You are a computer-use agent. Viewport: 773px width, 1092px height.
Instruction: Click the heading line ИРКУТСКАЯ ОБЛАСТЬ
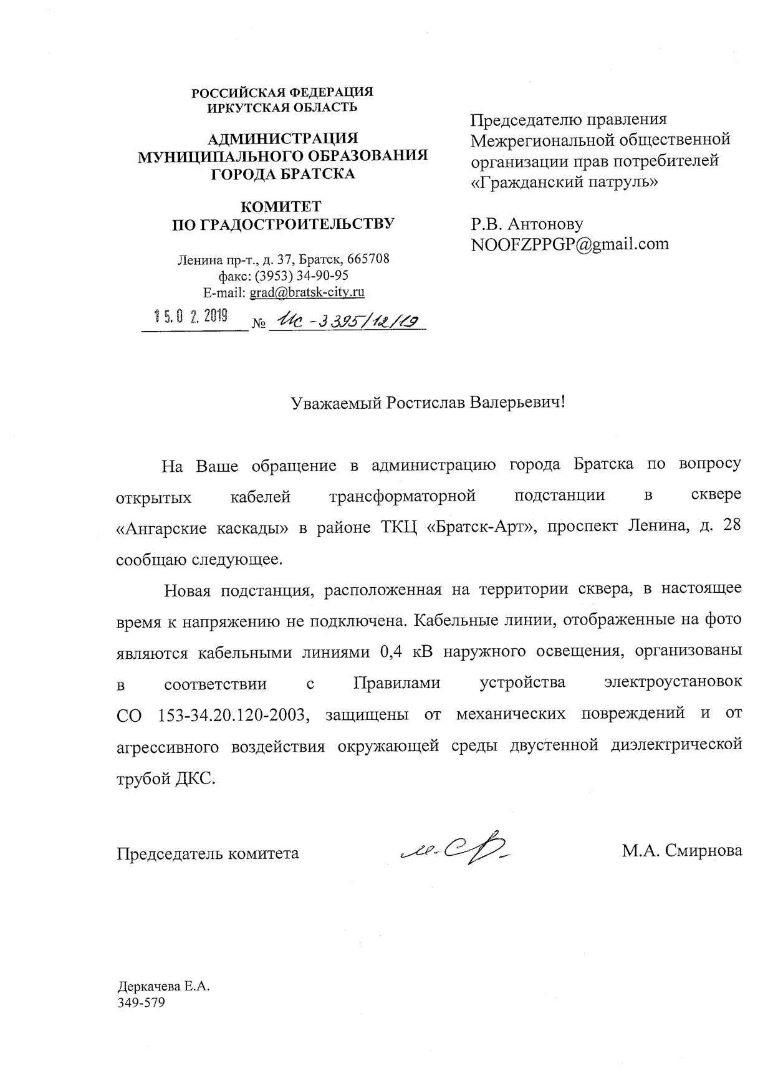click(x=282, y=107)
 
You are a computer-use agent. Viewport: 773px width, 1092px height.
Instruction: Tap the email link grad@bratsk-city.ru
click(x=307, y=292)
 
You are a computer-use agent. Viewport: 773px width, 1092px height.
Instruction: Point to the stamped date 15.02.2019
click(x=191, y=317)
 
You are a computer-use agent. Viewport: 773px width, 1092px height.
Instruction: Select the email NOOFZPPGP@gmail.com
click(x=570, y=244)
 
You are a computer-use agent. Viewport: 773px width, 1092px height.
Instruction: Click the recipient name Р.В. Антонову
click(x=527, y=224)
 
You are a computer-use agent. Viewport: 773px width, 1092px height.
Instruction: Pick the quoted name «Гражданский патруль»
click(x=564, y=183)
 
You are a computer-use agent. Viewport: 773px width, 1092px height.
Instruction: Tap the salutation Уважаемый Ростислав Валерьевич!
click(x=428, y=403)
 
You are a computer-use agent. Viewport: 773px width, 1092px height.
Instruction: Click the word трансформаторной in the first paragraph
click(x=402, y=496)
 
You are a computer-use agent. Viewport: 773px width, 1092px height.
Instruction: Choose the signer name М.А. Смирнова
click(x=681, y=851)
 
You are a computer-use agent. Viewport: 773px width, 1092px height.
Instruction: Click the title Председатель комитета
click(x=208, y=853)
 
